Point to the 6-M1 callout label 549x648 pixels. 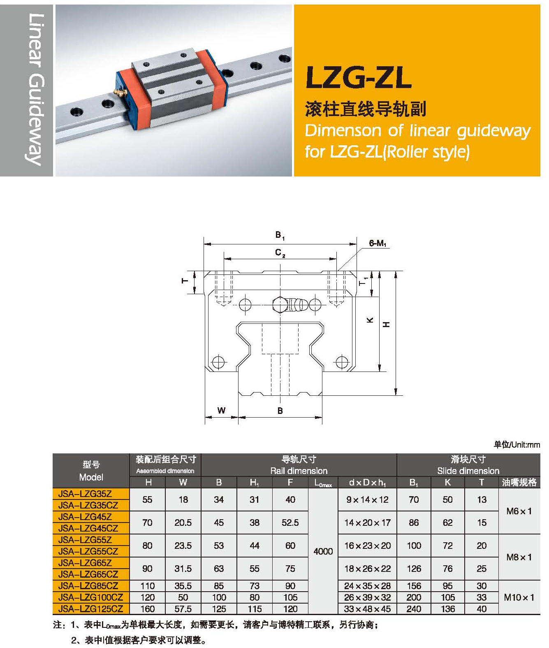[377, 243]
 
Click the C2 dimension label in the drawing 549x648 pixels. [280, 253]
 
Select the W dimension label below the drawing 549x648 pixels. [221, 410]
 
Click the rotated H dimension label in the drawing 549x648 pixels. [386, 325]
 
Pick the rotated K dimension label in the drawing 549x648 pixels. [370, 320]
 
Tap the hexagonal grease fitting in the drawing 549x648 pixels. [280, 305]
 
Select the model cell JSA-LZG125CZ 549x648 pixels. [90, 609]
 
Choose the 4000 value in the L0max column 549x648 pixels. [323, 551]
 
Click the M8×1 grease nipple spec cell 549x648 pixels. [519, 557]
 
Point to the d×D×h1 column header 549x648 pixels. [367, 483]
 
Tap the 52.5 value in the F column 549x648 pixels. [290, 523]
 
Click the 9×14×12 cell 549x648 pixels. [367, 499]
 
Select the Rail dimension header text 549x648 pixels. [299, 471]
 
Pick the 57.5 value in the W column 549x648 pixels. [183, 609]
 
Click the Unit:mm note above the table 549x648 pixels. [517, 444]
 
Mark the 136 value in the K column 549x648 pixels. [447, 609]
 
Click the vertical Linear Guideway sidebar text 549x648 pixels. [36, 89]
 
